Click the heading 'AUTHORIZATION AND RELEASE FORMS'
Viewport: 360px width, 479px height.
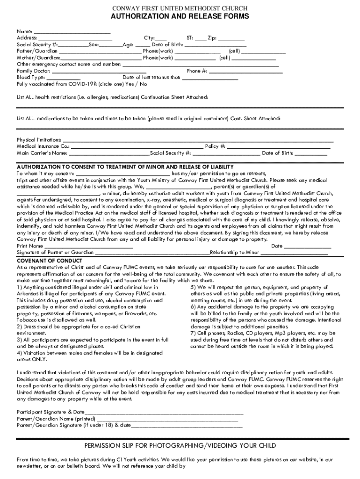(x=180, y=17)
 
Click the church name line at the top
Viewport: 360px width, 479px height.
(x=180, y=8)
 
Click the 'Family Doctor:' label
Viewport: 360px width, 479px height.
(x=34, y=71)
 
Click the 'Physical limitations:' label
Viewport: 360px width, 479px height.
(x=39, y=140)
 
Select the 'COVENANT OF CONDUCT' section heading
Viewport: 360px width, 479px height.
(x=50, y=261)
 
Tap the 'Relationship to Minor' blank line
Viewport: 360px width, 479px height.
(x=294, y=253)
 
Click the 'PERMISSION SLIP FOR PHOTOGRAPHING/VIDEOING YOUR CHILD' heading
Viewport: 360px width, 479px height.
(x=180, y=445)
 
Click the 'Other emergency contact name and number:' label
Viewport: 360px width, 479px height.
(x=69, y=64)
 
